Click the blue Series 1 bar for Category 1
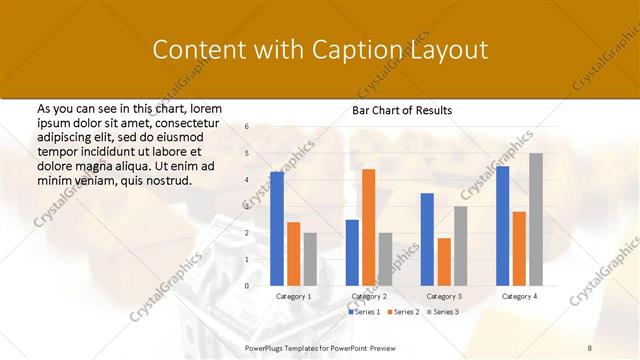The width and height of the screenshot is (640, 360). pyautogui.click(x=277, y=229)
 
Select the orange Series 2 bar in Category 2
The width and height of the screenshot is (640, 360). pyautogui.click(x=368, y=227)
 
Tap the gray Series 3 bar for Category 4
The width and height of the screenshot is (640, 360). pyautogui.click(x=536, y=219)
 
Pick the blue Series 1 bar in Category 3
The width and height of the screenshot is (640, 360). pyautogui.click(x=427, y=239)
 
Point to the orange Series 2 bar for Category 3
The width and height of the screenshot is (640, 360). pyautogui.click(x=444, y=262)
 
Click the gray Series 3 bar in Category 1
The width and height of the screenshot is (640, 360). pyautogui.click(x=310, y=259)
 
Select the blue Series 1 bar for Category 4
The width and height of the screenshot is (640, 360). pyautogui.click(x=503, y=226)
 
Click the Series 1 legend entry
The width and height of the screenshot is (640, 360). pyautogui.click(x=364, y=312)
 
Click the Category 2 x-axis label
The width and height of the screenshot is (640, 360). pyautogui.click(x=368, y=297)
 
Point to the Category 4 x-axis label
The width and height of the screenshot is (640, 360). pyautogui.click(x=519, y=297)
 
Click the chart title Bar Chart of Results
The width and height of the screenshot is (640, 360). pyautogui.click(x=402, y=110)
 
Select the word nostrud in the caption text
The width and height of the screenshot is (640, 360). pyautogui.click(x=167, y=180)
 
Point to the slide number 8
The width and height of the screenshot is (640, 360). pyautogui.click(x=590, y=346)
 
